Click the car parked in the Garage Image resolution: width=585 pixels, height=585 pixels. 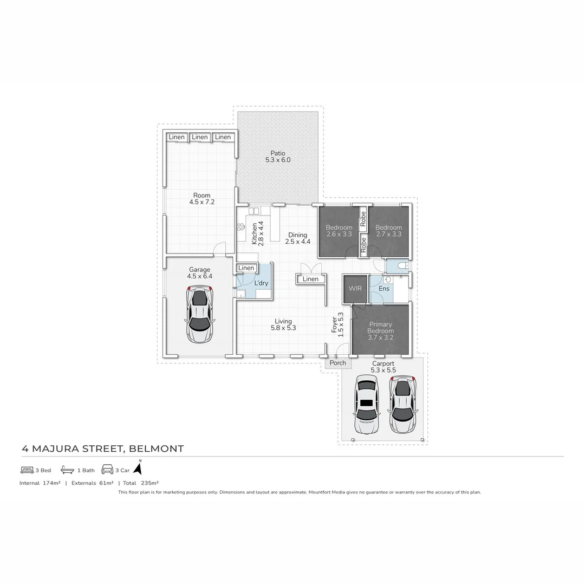(x=199, y=315)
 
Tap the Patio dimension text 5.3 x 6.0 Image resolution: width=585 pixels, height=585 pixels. (x=278, y=160)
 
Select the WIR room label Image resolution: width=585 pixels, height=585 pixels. (x=355, y=289)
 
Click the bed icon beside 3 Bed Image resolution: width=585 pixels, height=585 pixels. (x=27, y=470)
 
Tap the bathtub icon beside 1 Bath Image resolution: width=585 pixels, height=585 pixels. (x=67, y=470)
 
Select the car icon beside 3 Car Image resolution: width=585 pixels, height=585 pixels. (x=107, y=470)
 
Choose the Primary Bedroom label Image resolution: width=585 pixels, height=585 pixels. (x=380, y=328)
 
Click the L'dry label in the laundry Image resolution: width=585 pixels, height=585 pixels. (x=261, y=283)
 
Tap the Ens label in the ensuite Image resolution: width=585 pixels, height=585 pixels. (x=383, y=289)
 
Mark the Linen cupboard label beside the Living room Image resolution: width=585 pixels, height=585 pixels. (x=310, y=279)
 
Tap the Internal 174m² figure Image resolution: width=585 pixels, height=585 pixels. (x=40, y=483)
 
